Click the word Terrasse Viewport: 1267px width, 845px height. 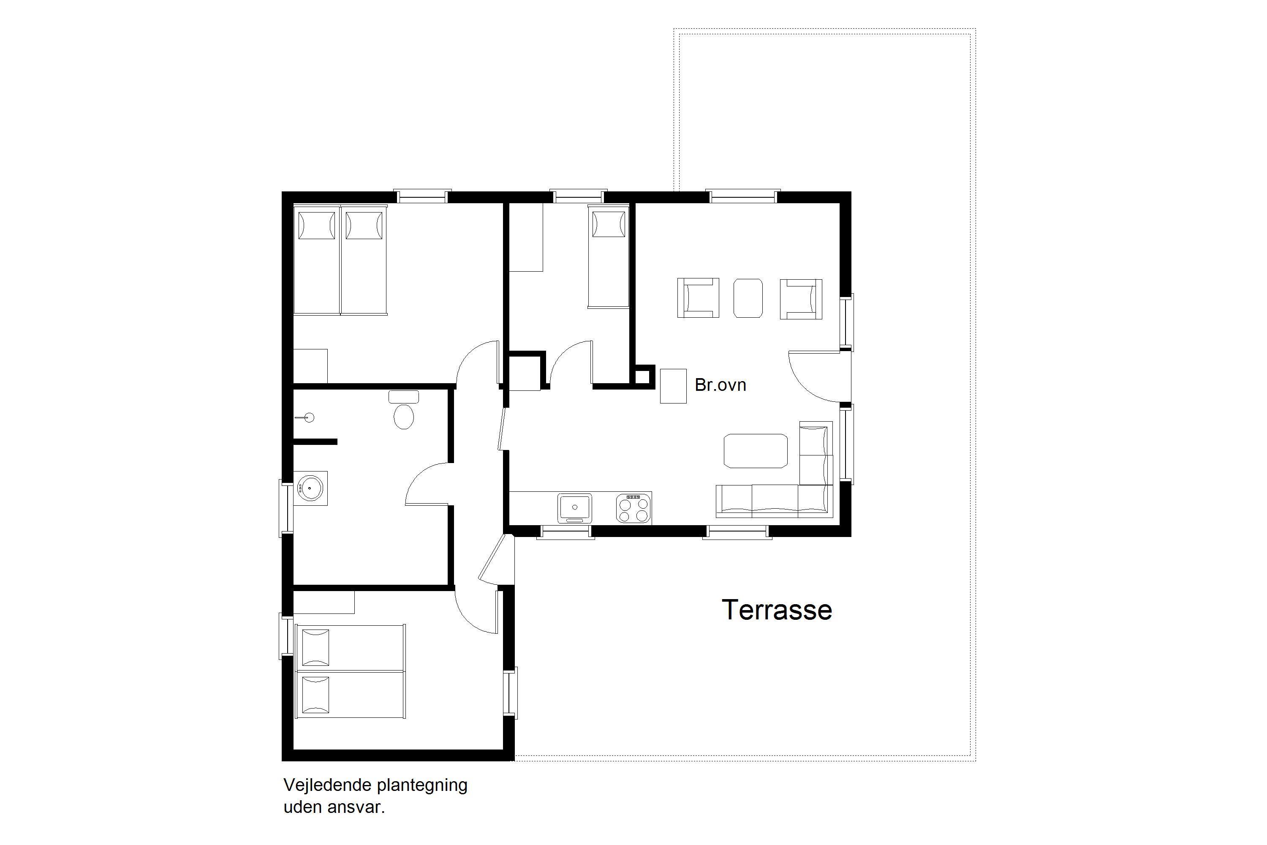[x=777, y=610]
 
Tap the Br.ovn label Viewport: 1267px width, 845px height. [x=720, y=385]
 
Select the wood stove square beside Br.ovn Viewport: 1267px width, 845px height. [x=673, y=386]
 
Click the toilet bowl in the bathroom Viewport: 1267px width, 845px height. [x=403, y=417]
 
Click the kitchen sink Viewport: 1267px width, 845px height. [x=575, y=508]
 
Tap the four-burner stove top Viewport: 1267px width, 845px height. [x=633, y=508]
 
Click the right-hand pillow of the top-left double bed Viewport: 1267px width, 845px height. [x=364, y=225]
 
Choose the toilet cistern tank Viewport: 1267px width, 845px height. [x=403, y=397]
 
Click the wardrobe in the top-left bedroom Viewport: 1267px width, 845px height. [x=310, y=366]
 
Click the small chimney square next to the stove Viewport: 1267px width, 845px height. [x=642, y=376]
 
